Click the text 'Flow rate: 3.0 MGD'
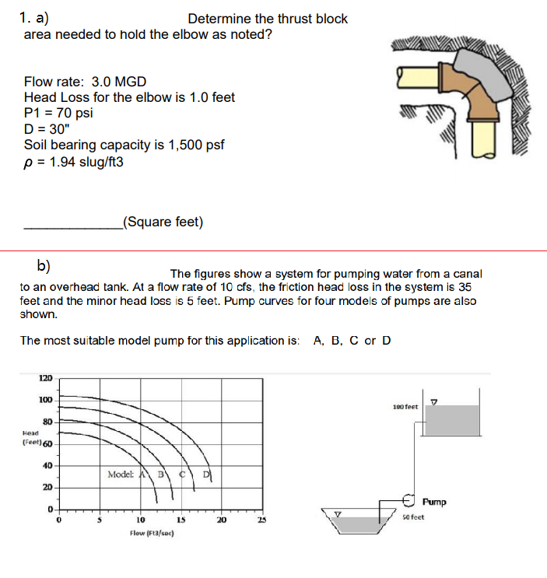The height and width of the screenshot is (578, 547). pos(85,82)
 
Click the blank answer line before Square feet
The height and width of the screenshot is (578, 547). pos(72,227)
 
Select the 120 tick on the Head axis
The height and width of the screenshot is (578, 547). pos(45,379)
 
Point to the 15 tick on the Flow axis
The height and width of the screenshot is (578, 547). pos(179,520)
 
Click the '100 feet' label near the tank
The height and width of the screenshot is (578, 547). pos(405,407)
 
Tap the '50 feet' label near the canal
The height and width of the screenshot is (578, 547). pos(413,517)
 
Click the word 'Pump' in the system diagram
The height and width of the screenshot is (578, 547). pos(436,502)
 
